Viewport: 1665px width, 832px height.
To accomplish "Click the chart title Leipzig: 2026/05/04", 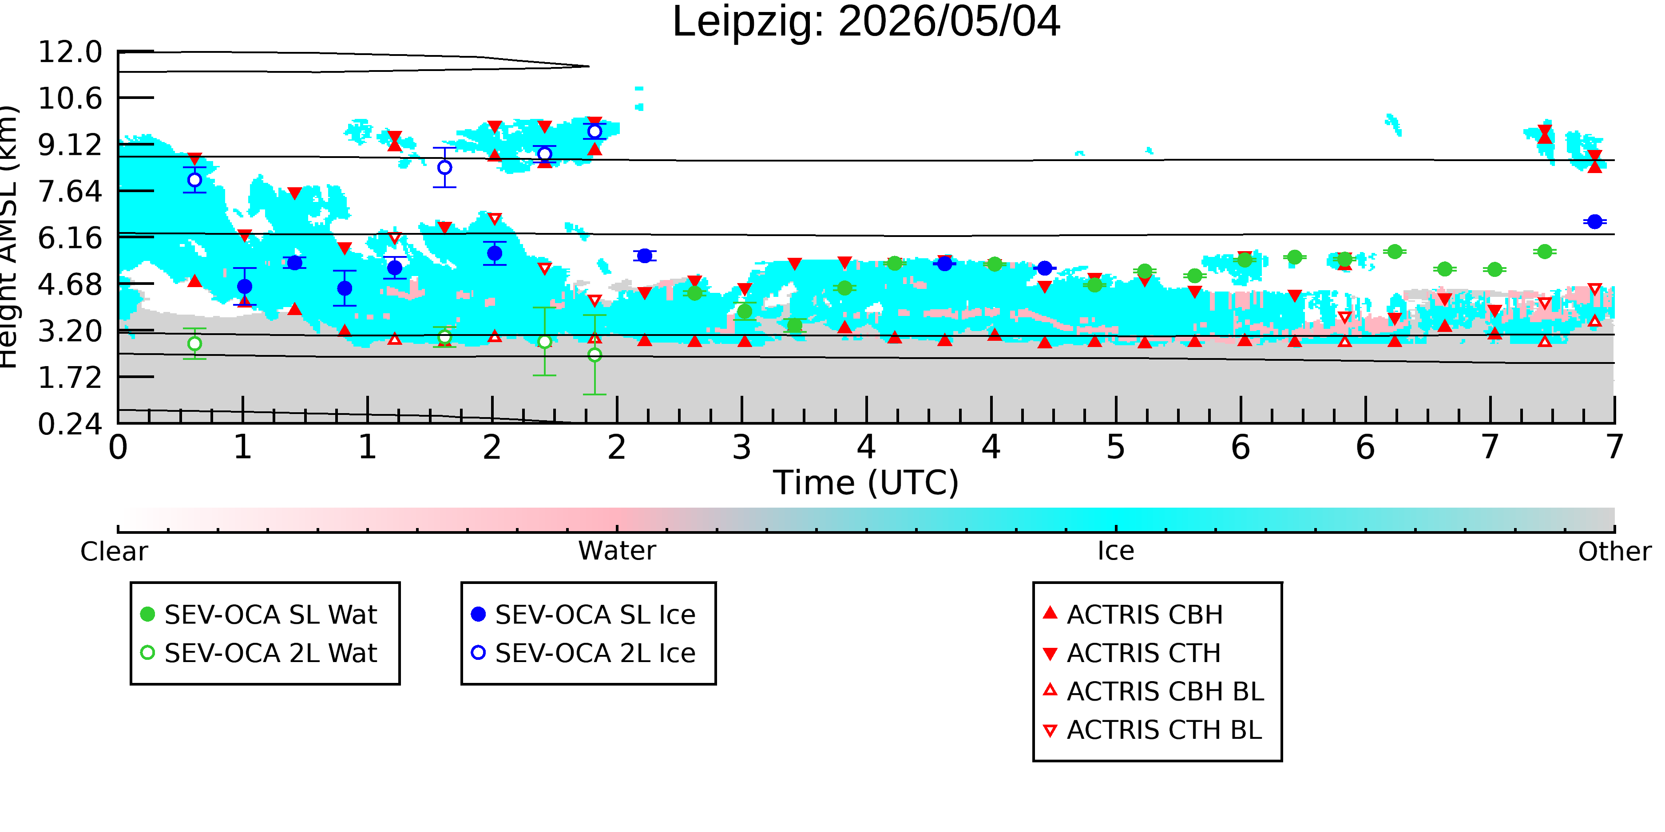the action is [866, 22].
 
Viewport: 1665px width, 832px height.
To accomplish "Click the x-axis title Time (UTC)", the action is [866, 483].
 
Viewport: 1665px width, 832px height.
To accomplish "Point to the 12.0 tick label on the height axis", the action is [70, 51].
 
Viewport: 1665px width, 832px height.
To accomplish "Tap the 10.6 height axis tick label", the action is [70, 98].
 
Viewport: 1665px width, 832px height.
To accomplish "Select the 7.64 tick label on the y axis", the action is [70, 191].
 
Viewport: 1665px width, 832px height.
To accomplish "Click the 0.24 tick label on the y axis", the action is [70, 424].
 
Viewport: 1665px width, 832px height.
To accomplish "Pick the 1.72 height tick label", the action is [70, 377].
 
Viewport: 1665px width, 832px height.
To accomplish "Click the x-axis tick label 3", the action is [742, 447].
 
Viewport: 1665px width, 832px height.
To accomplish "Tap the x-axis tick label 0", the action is [118, 447].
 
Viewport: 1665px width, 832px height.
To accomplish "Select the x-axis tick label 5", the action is [1116, 447].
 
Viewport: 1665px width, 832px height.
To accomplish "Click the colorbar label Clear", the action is [114, 552].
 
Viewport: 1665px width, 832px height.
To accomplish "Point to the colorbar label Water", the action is [617, 551].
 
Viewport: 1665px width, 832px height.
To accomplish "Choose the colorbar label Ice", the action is [1116, 551].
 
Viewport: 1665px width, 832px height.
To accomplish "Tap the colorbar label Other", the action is [1614, 552].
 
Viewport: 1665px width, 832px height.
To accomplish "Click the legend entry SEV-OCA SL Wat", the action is [258, 614].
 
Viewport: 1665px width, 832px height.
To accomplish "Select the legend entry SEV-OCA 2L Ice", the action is [584, 653].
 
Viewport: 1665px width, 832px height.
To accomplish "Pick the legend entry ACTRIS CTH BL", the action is [1153, 730].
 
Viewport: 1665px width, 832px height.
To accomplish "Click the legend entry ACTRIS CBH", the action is [1133, 614].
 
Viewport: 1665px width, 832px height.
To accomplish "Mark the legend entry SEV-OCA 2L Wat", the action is [258, 653].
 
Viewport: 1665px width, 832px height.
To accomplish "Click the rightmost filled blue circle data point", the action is [1594, 221].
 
